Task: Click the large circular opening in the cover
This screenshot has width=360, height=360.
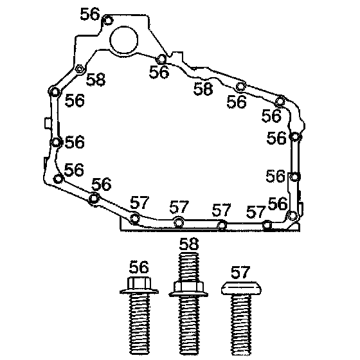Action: pos(123,40)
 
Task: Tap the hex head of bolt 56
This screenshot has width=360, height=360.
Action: pos(139,283)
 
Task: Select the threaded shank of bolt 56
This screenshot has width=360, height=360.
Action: pos(139,324)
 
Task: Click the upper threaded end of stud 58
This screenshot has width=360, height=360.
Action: pos(189,266)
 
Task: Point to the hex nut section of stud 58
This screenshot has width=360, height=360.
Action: pos(188,287)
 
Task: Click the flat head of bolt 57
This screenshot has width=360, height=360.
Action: pos(241,288)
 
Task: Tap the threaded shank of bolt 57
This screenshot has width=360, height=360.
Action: pos(241,325)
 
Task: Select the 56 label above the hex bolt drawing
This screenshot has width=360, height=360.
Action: pos(139,267)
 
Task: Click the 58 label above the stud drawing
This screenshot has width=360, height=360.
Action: pos(189,244)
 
